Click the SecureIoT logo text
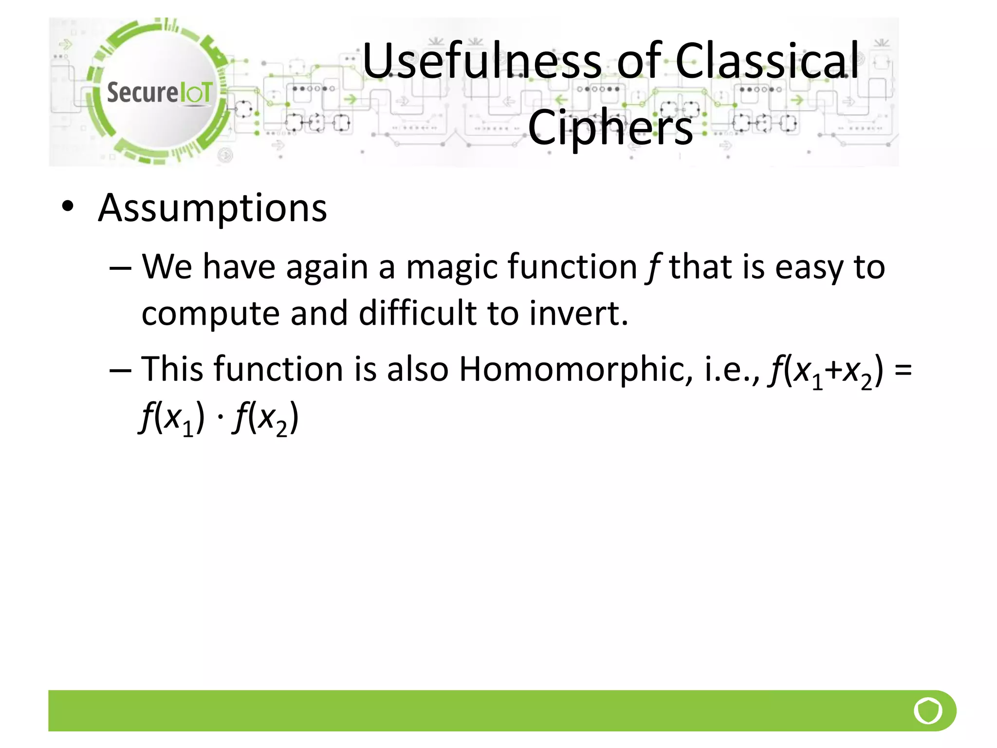click(160, 93)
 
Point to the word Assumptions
click(212, 208)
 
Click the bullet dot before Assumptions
click(68, 207)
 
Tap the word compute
click(210, 313)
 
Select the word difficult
click(418, 313)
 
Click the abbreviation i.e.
click(730, 369)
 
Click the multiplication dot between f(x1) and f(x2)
click(220, 418)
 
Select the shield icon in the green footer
click(928, 711)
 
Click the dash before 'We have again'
click(120, 268)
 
